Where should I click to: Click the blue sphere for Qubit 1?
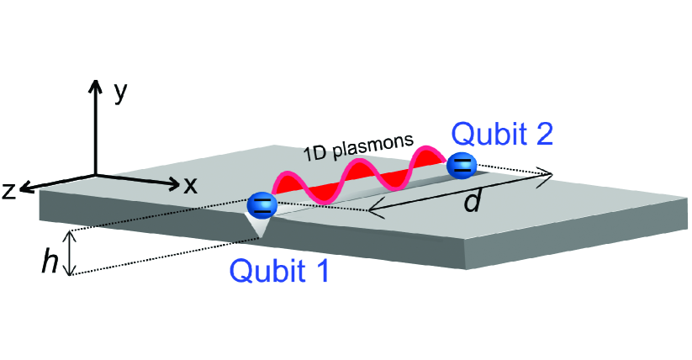pos(262,204)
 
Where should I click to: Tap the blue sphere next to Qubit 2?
pos(461,165)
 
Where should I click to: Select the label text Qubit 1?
pos(277,270)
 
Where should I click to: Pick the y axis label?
pos(121,92)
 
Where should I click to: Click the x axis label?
pos(191,185)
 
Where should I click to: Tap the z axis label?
pos(10,191)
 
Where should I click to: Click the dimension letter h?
pos(50,262)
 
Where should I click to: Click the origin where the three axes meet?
pos(96,174)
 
